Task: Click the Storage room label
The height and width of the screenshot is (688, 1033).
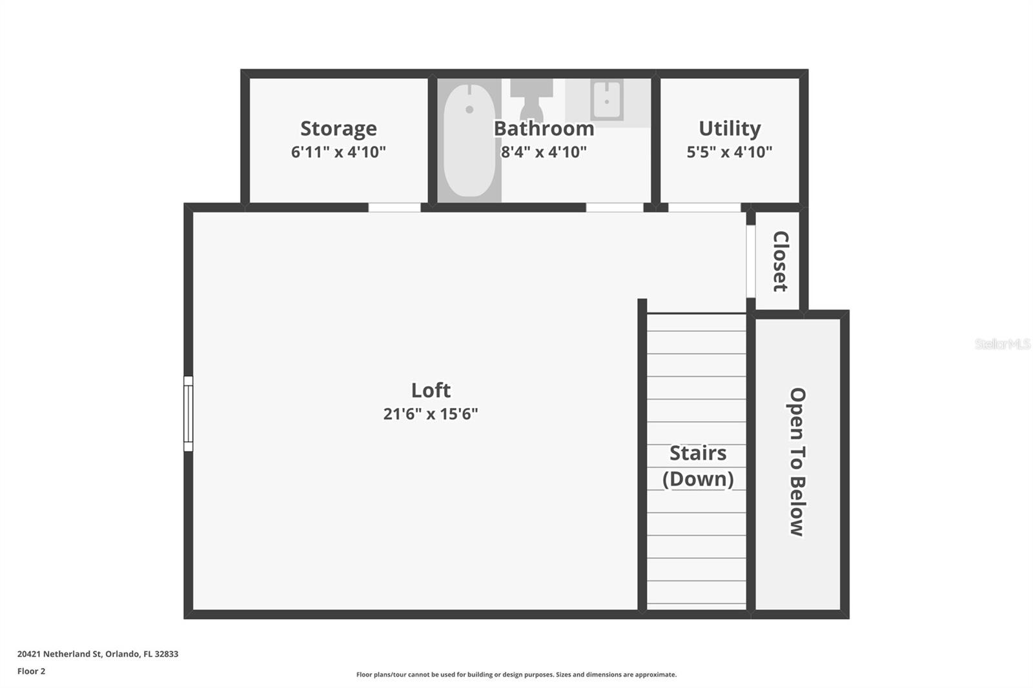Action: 338,128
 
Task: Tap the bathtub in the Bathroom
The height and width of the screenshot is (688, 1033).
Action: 469,140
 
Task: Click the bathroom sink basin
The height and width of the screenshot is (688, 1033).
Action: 607,100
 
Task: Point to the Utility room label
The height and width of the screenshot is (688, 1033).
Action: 730,128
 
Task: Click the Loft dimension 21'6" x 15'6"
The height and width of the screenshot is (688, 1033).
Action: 431,414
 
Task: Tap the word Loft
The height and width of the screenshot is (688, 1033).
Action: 431,390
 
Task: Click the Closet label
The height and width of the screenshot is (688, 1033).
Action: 781,261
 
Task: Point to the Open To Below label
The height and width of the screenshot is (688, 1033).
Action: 798,461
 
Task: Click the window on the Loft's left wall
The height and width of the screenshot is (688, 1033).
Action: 189,414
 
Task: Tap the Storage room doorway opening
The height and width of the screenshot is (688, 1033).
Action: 394,208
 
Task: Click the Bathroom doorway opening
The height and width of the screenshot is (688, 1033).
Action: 615,208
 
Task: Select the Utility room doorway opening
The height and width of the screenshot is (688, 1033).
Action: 704,208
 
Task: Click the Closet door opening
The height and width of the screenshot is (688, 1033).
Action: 751,261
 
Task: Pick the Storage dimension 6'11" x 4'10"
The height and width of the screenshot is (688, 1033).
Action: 338,152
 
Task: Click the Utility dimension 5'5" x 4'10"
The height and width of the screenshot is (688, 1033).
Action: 730,152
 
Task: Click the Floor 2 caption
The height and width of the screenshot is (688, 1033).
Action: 31,671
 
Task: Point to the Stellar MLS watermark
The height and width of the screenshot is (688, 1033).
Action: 1002,344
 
